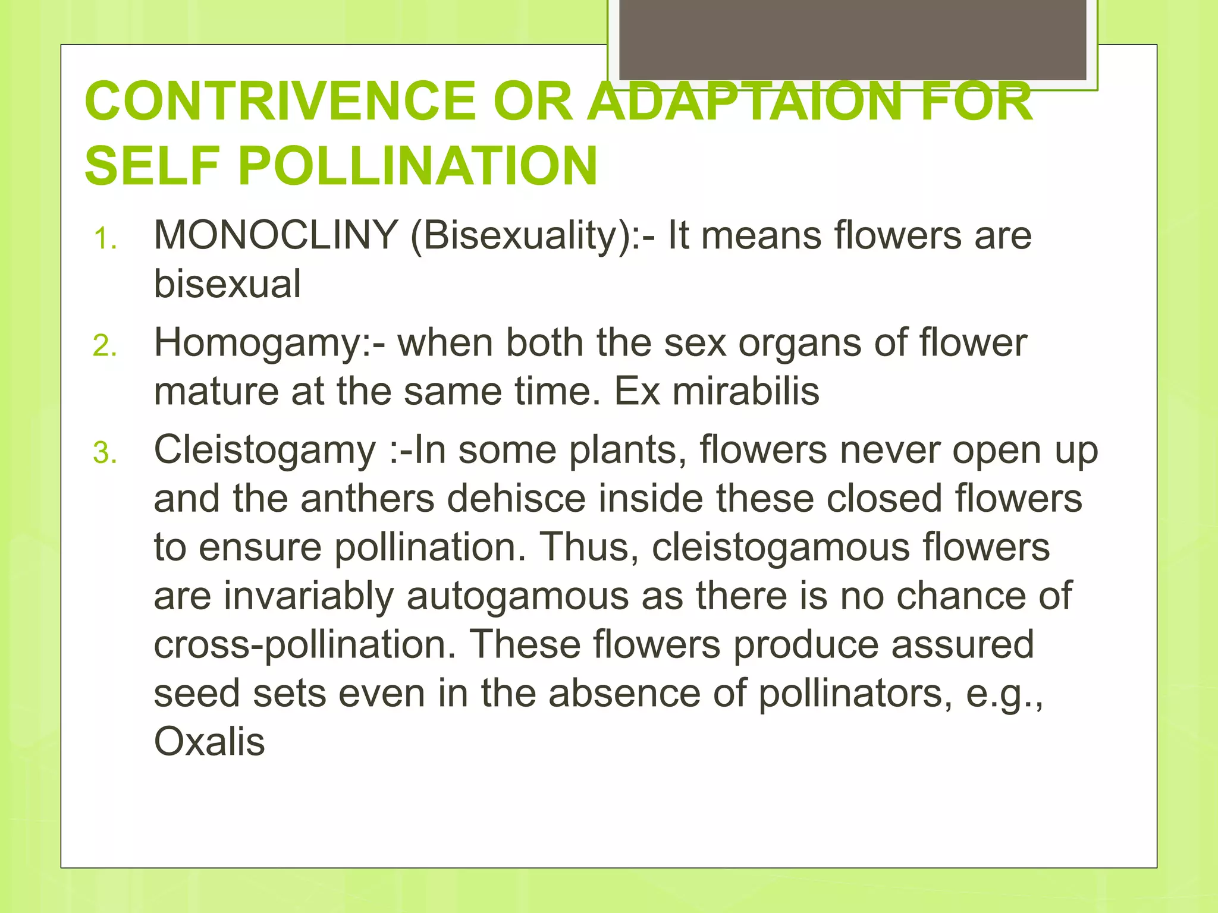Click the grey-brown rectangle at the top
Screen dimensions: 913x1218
click(852, 39)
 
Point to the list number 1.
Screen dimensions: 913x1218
click(105, 239)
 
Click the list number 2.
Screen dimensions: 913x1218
click(105, 347)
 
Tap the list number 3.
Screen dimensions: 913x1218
click(105, 454)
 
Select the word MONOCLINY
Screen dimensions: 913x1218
click(276, 235)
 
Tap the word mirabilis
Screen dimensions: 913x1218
click(746, 391)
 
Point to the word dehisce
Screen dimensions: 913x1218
click(516, 498)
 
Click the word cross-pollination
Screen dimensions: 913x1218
click(304, 645)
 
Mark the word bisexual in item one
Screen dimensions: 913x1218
click(227, 284)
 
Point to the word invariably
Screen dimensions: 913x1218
click(309, 596)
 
